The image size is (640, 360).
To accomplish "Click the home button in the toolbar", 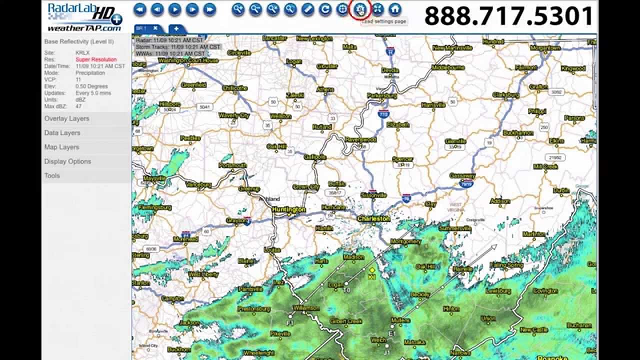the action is tap(395, 9).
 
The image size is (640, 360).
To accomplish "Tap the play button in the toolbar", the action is tap(174, 9).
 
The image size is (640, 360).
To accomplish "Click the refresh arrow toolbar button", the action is tap(325, 9).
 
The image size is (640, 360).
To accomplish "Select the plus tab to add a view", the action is tap(176, 29).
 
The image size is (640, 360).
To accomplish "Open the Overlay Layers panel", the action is tap(66, 119).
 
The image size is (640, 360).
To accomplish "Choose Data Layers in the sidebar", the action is tap(62, 133).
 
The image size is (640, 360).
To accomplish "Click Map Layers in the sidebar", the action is tap(61, 147).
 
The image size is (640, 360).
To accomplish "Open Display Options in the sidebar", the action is tap(67, 161).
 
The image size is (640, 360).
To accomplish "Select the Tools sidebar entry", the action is tap(52, 176).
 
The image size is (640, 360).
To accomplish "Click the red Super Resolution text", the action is tap(96, 59).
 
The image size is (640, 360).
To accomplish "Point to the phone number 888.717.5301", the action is tap(508, 16).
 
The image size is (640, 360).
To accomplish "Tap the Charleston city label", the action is tap(373, 218).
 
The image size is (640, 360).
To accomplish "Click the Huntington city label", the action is tap(288, 209).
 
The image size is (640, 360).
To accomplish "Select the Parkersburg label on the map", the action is tap(381, 95).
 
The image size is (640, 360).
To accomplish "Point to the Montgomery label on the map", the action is tap(405, 241).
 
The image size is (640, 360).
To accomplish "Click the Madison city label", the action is tap(353, 257).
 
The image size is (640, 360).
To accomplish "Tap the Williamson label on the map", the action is tap(306, 308).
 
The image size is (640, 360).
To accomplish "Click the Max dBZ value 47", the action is tap(78, 106).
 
